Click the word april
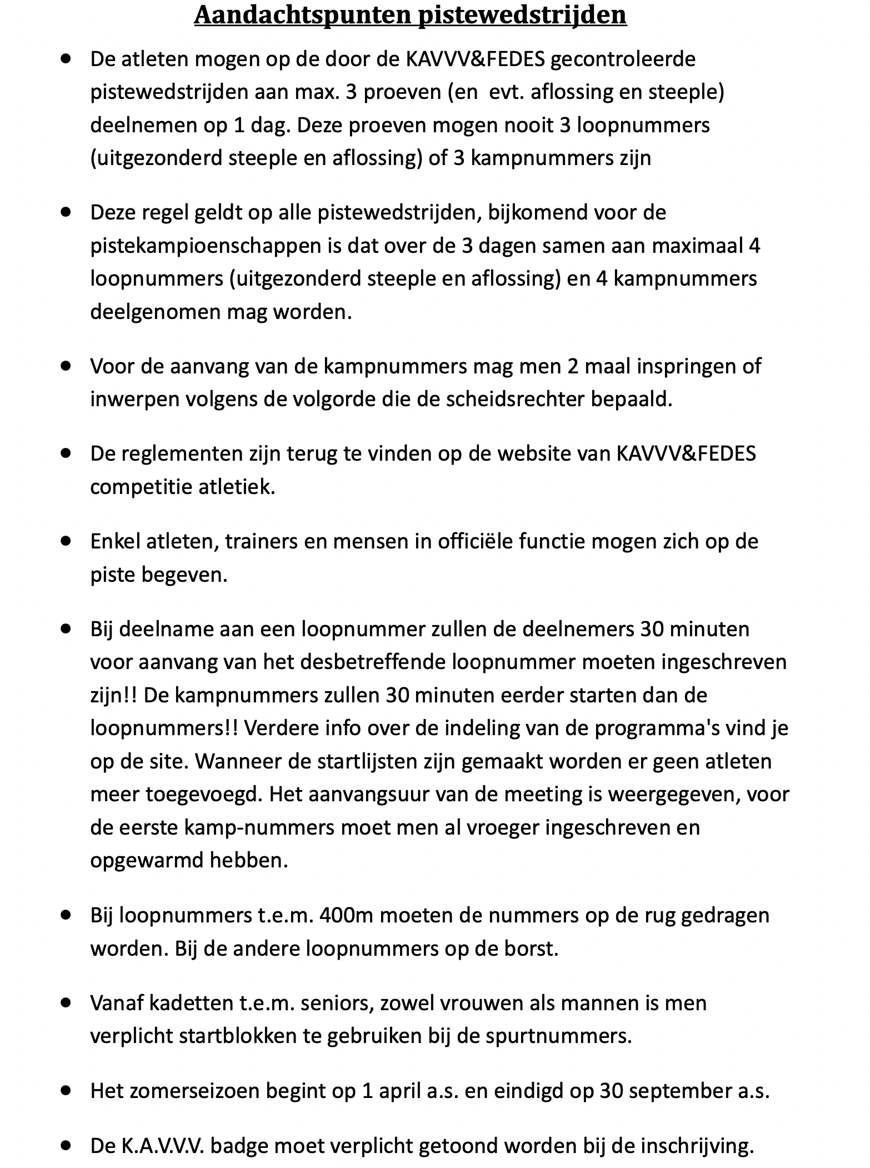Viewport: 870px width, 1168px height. tap(400, 1091)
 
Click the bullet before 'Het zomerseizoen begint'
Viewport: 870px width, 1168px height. tap(67, 1090)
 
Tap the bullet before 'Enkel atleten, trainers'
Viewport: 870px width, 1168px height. tap(67, 540)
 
